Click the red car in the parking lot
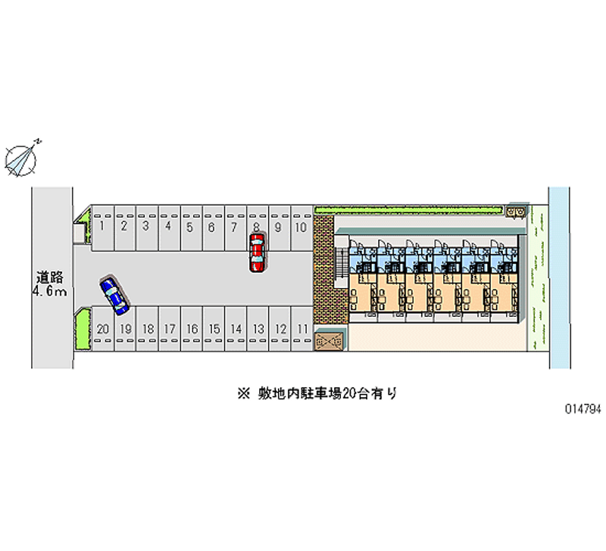(257, 252)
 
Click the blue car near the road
(114, 295)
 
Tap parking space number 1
(101, 226)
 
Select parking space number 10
(301, 226)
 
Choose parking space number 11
(302, 329)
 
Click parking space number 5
(189, 226)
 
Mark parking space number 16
(192, 329)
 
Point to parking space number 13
(258, 329)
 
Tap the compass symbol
(20, 157)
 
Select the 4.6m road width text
(51, 291)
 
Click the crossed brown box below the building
(329, 341)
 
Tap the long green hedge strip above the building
(409, 209)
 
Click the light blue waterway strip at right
(559, 277)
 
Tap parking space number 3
(145, 226)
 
